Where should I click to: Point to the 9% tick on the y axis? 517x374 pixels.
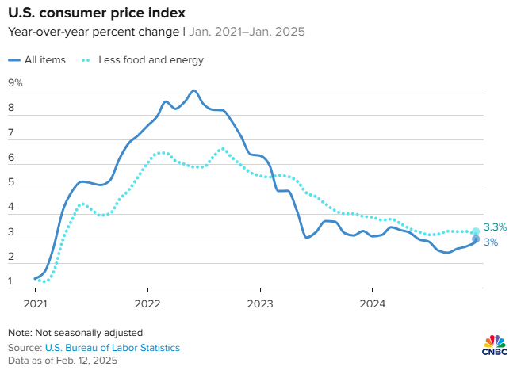click(x=15, y=82)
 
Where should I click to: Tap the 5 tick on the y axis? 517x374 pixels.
click(x=12, y=182)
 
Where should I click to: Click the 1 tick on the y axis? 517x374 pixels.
click(x=12, y=281)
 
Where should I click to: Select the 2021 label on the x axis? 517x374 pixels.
click(x=36, y=303)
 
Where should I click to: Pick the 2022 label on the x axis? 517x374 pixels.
click(x=148, y=303)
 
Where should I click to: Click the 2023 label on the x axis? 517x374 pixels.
click(x=260, y=303)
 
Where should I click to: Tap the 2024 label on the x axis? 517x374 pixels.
click(x=373, y=303)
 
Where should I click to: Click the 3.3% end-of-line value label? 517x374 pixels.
click(x=494, y=228)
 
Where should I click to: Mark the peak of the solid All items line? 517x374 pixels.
click(x=194, y=90)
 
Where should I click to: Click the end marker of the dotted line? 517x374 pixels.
click(x=476, y=231)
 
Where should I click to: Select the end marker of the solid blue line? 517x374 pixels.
click(x=476, y=239)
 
